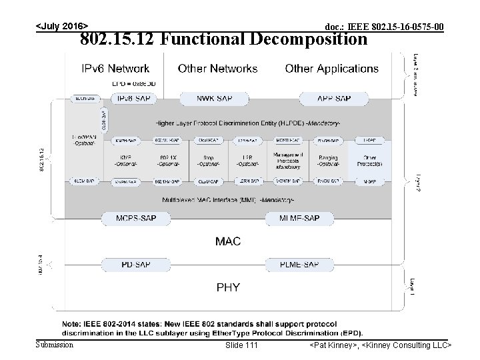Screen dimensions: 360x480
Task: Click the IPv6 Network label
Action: (115, 69)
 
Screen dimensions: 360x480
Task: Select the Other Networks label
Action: (217, 69)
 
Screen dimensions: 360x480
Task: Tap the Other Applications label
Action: (331, 69)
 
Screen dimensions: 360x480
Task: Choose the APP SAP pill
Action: (333, 99)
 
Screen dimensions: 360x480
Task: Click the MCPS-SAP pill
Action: (133, 218)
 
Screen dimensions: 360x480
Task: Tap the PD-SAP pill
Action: (135, 264)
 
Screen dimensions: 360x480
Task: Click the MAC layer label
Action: (227, 241)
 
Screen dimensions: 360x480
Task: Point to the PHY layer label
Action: (227, 287)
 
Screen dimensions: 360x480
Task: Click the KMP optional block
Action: (125, 161)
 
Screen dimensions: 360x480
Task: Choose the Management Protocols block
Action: (288, 161)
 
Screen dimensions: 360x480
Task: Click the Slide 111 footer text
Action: (241, 345)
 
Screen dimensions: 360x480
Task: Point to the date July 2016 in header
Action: (61, 26)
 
